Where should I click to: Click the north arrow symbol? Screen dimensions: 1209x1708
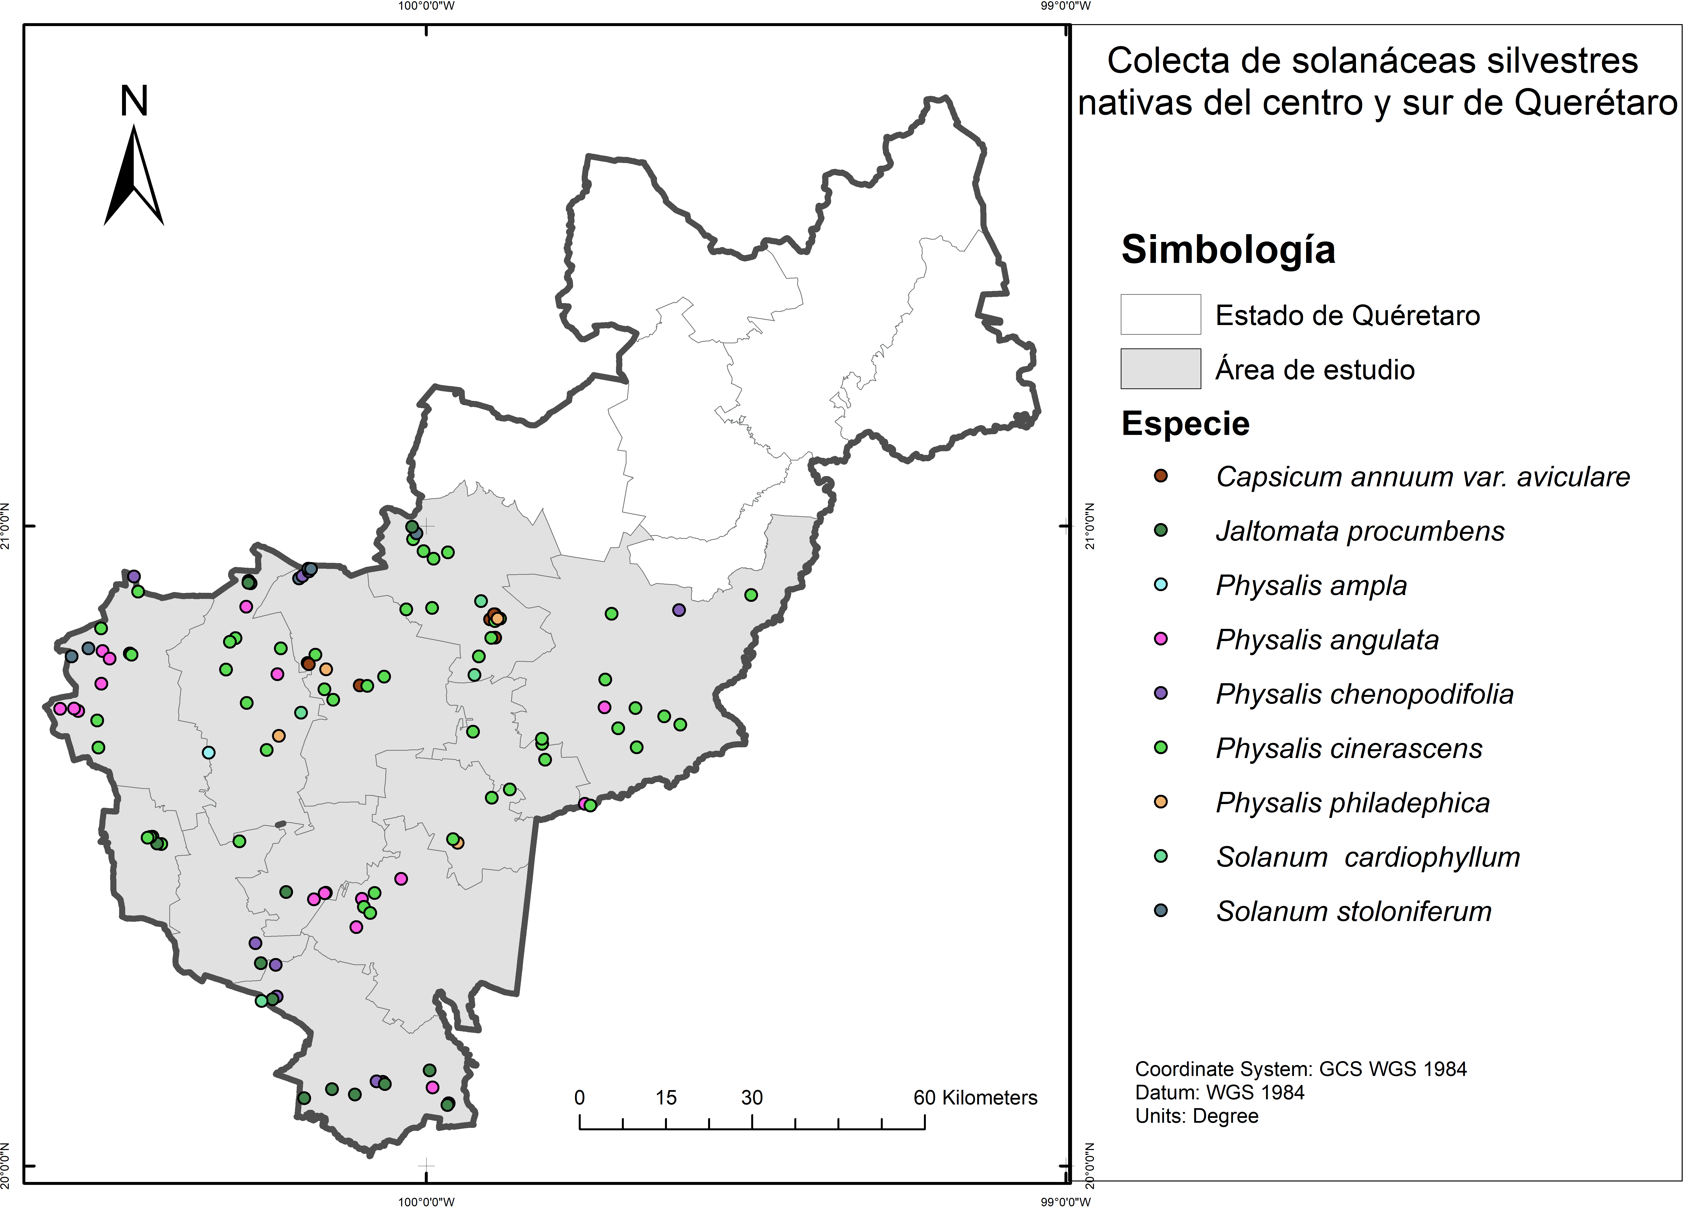134,176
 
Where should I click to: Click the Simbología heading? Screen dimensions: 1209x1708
1228,249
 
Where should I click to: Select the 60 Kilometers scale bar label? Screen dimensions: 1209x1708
975,1097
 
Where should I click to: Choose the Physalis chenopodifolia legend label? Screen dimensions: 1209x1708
1364,694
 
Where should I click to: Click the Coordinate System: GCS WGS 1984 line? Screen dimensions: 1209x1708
1300,1069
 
